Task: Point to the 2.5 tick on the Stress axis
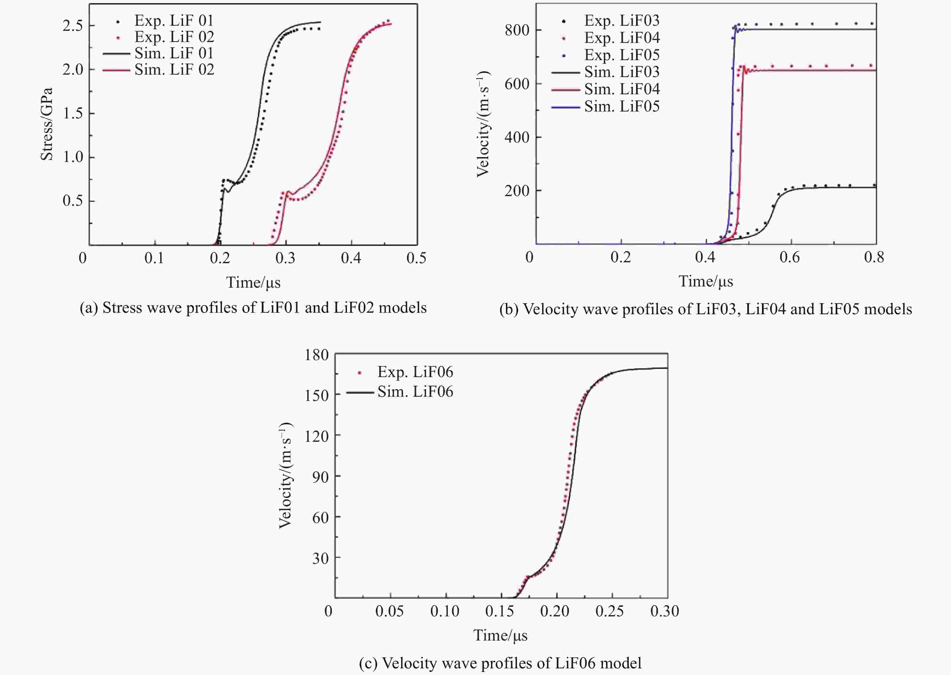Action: pyautogui.click(x=73, y=26)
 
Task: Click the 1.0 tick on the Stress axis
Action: pyautogui.click(x=73, y=157)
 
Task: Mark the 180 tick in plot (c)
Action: pyautogui.click(x=316, y=354)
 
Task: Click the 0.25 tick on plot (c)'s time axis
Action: pyautogui.click(x=610, y=611)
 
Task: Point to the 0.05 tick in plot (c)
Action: pyautogui.click(x=389, y=611)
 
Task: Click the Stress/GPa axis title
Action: pyautogui.click(x=46, y=124)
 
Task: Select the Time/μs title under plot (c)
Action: pyautogui.click(x=501, y=635)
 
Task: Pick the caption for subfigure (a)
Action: pyautogui.click(x=253, y=308)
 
